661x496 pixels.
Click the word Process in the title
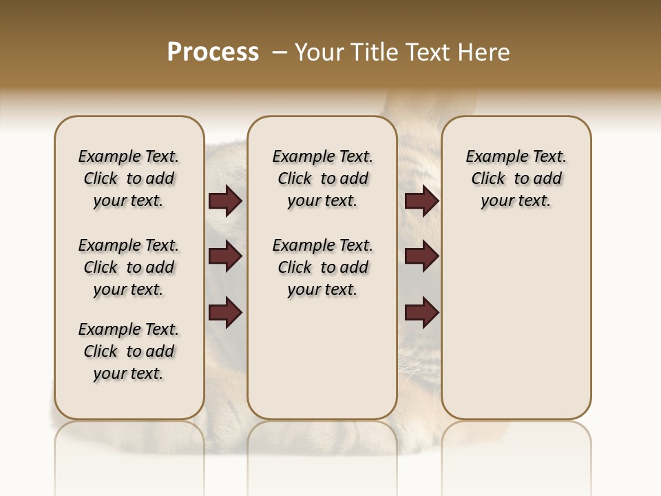[213, 52]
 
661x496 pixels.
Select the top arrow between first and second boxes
[225, 201]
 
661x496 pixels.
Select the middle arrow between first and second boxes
[225, 257]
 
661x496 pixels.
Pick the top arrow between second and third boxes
[421, 201]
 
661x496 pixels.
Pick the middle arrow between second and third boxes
[421, 257]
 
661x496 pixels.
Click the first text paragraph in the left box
[129, 178]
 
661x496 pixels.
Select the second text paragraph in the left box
[129, 267]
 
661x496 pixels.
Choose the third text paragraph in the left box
[129, 351]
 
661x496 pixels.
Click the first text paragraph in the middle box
[322, 178]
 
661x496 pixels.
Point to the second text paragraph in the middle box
[322, 267]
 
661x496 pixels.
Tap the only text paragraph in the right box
[516, 178]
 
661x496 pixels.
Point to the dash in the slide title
[279, 52]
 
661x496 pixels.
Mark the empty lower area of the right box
[516, 331]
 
